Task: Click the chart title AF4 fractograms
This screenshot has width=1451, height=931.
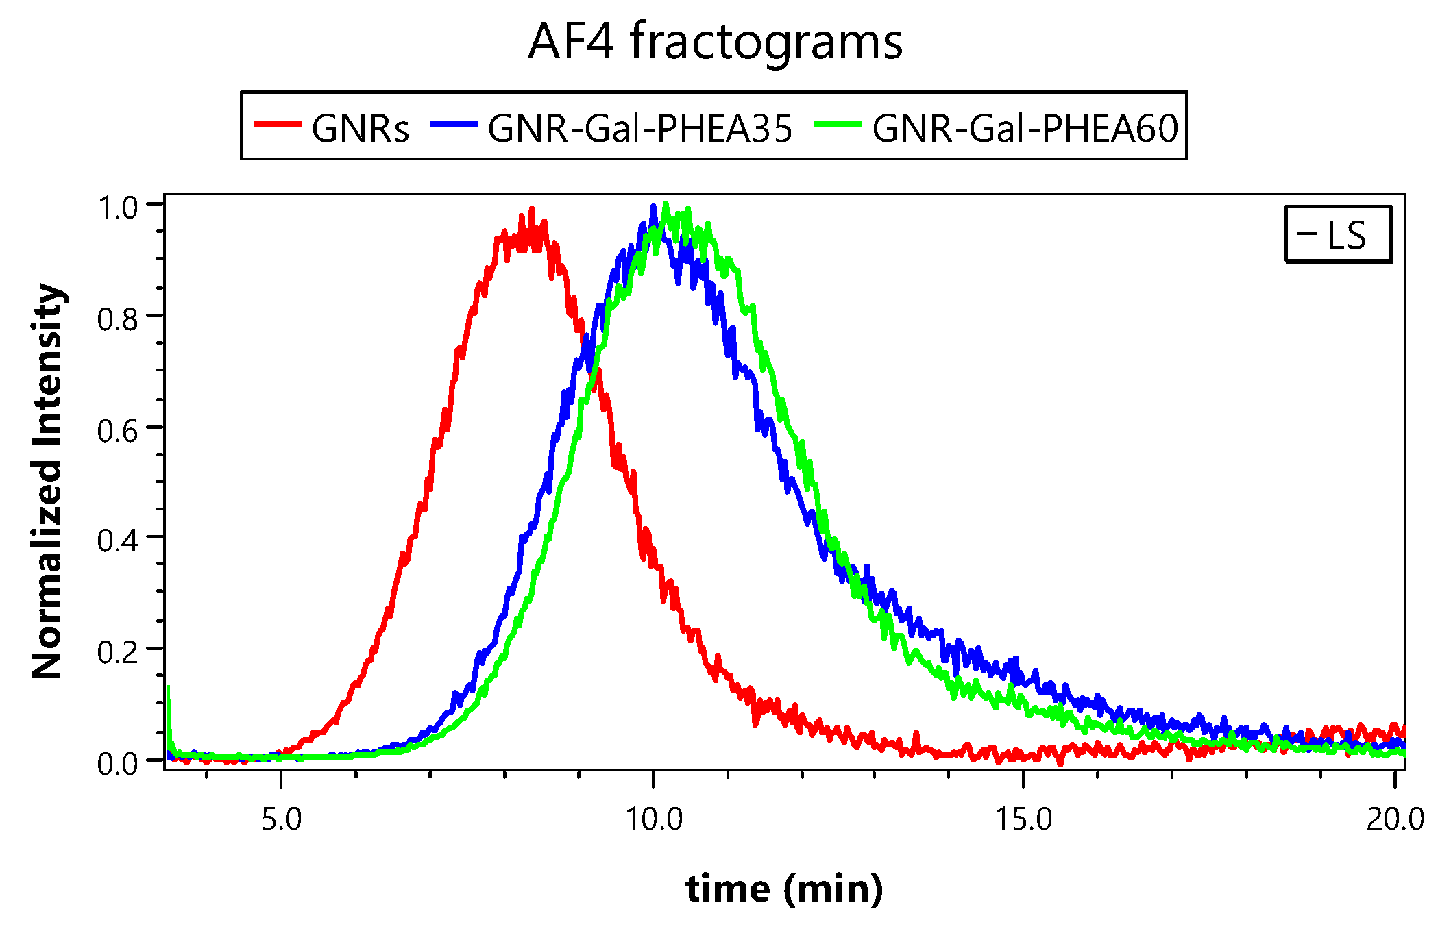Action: click(715, 42)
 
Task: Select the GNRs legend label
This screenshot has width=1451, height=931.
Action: click(361, 128)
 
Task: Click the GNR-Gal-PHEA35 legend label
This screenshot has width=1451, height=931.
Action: click(640, 128)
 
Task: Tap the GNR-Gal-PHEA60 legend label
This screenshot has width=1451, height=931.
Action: click(1025, 128)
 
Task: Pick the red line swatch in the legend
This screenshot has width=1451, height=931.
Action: click(278, 125)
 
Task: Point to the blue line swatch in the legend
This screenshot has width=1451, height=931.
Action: click(453, 125)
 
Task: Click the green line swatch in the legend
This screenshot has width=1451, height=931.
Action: click(838, 125)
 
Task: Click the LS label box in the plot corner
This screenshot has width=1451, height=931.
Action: click(1337, 234)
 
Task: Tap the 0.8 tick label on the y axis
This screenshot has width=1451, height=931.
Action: click(118, 319)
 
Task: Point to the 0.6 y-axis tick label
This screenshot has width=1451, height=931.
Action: click(118, 431)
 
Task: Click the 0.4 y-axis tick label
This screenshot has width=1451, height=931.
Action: click(118, 541)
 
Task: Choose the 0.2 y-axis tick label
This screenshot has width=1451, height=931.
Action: click(118, 651)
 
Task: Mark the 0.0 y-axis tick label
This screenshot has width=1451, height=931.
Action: click(118, 762)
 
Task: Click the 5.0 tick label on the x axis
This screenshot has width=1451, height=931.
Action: click(282, 819)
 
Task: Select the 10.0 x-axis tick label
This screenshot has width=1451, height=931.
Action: click(654, 819)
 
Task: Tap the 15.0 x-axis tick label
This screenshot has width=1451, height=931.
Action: click(1023, 819)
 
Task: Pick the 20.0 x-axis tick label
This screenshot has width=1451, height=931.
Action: click(1395, 819)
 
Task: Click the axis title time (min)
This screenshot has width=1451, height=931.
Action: click(784, 889)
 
